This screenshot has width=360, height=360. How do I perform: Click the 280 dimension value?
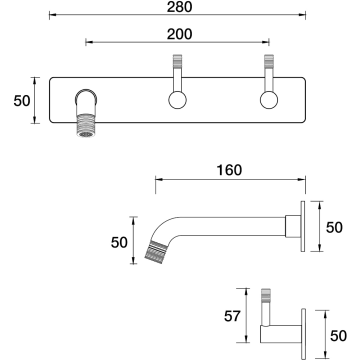179,7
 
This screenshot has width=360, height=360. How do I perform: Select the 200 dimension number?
179,34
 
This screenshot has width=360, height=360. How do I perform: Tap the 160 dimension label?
229,170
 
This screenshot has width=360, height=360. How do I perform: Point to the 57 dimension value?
232,316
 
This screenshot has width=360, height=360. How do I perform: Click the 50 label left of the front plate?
22,101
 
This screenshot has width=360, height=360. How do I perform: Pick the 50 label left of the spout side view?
119,243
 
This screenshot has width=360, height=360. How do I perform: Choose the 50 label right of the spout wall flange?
334,228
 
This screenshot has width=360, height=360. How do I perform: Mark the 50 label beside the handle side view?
338,336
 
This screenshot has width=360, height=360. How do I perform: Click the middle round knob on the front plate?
177,100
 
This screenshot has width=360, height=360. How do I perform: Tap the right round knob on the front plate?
269,100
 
